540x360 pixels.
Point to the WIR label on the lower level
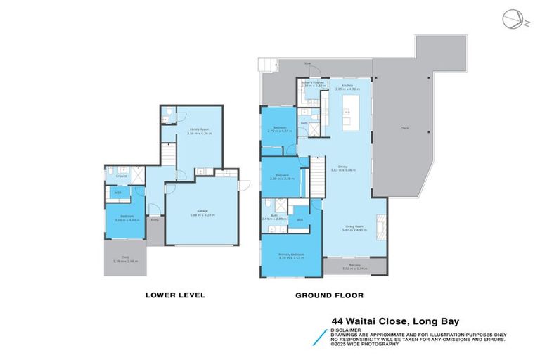click(x=117, y=191)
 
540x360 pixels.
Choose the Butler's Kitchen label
click(x=311, y=83)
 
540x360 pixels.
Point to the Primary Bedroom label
click(x=291, y=255)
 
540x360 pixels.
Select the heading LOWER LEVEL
click(x=175, y=295)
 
